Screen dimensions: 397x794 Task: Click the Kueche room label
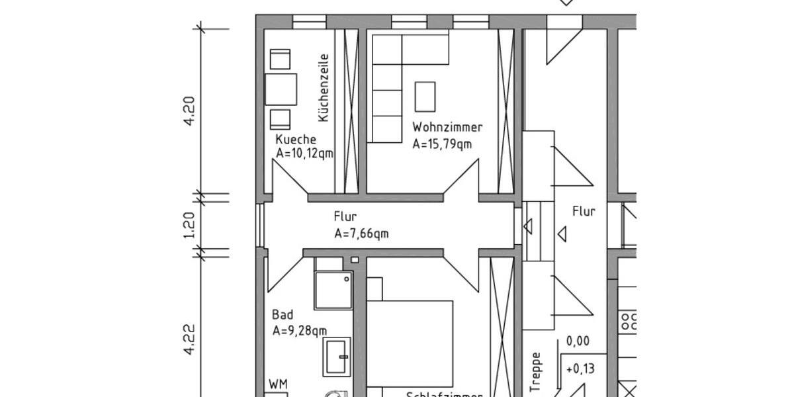pos(296,140)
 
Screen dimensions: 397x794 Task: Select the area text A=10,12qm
pos(304,154)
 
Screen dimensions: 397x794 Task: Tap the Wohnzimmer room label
pos(447,127)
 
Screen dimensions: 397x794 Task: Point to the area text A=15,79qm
pos(442,144)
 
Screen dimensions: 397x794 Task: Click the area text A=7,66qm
pos(361,233)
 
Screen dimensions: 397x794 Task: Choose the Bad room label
pos(283,315)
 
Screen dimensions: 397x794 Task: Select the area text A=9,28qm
pos(300,331)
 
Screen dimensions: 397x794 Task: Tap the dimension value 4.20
pos(190,111)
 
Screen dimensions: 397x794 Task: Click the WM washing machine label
pos(279,384)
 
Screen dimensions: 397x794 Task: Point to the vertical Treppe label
pos(536,372)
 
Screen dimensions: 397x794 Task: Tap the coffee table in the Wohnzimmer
pos(425,97)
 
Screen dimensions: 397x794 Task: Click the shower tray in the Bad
pos(333,290)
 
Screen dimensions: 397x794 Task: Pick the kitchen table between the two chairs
pos(281,89)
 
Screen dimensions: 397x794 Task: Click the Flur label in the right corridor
pos(584,212)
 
